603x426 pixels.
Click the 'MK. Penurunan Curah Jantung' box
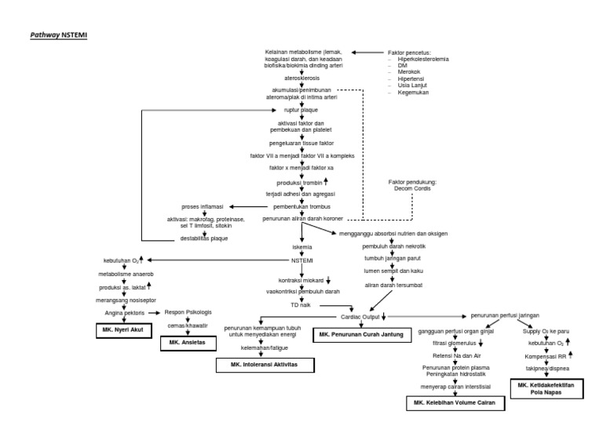pos(361,334)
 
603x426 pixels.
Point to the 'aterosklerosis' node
pos(302,78)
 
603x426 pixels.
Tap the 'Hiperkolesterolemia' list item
pos(424,58)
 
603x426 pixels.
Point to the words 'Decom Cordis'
pos(413,188)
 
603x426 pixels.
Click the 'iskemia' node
pos(302,247)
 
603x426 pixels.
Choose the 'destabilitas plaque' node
pos(204,238)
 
